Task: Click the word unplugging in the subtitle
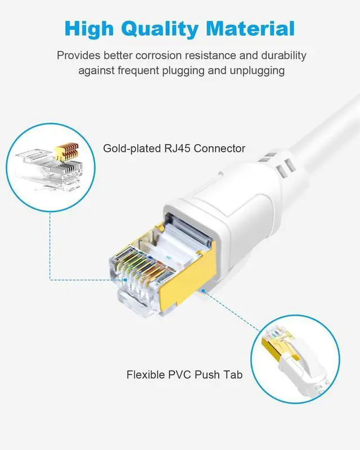(x=256, y=71)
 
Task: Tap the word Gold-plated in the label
(x=130, y=148)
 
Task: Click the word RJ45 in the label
(x=173, y=148)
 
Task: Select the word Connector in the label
(x=218, y=148)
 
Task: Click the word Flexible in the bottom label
(x=146, y=374)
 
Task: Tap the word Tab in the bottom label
(x=233, y=374)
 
